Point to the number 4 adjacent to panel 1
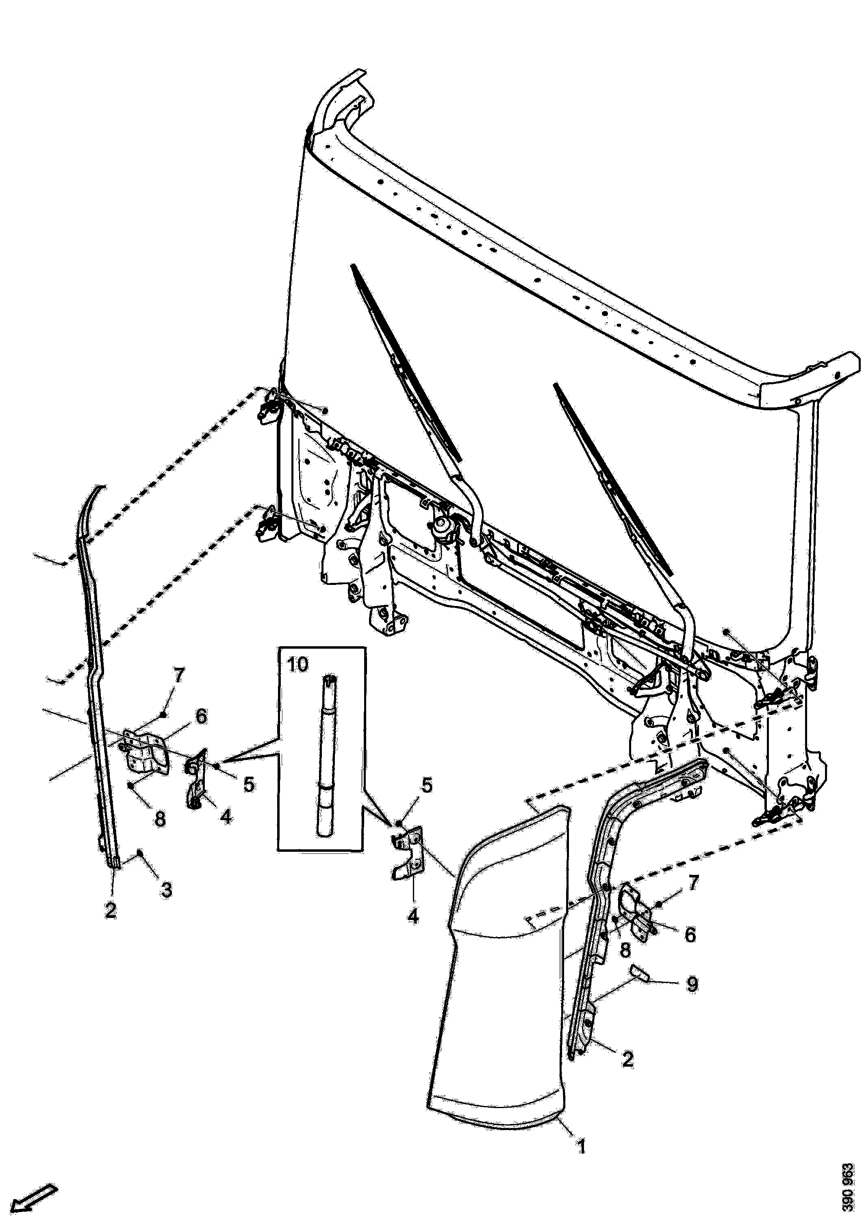click(413, 916)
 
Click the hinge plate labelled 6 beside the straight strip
click(146, 751)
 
